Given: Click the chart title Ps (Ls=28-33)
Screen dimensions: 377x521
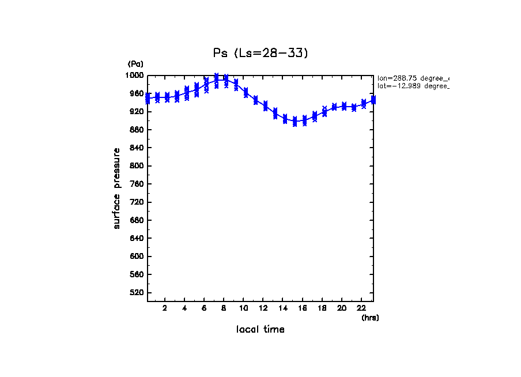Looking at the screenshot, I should pos(260,53).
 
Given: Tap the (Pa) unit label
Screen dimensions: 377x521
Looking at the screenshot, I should pos(135,64).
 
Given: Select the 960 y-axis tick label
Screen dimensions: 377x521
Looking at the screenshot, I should pos(137,93).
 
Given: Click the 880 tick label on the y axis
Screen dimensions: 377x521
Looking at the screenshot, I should pos(137,130).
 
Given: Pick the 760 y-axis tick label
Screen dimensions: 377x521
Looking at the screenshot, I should pos(137,184).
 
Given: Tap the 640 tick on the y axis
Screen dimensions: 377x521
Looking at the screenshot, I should pos(137,238).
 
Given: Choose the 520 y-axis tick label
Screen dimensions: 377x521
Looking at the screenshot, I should pos(137,293).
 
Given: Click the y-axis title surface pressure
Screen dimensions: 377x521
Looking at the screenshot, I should pos(117,188).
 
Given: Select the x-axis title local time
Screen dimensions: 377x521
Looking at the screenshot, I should pos(260,330).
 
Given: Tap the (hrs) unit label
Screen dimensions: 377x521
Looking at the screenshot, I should pos(369,318).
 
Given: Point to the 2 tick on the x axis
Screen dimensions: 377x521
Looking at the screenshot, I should pos(165,308).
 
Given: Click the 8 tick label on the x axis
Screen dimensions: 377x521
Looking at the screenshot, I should pos(224,308).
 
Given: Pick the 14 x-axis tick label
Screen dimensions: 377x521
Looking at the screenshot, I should pos(282,308).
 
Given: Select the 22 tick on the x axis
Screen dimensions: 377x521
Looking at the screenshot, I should pos(361,308).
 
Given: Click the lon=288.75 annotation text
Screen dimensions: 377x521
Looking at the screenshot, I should pos(413,78).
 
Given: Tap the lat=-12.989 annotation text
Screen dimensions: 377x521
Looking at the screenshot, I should pos(413,86).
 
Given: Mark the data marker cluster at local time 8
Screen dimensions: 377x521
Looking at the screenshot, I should pos(226,81).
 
